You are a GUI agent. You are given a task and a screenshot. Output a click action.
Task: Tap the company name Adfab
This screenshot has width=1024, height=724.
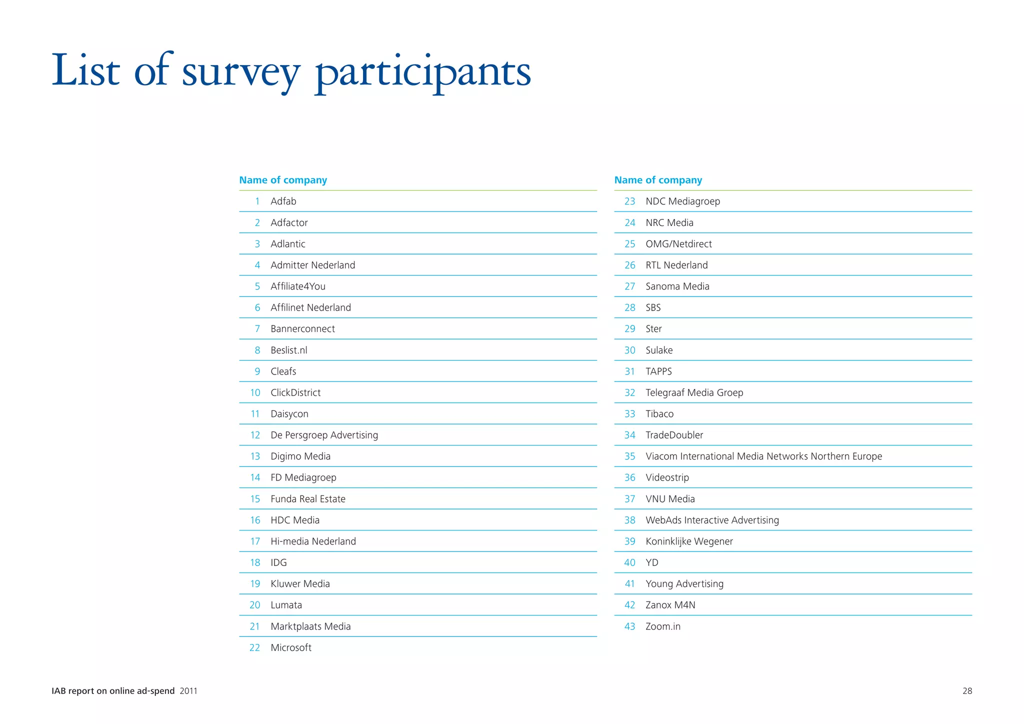coord(283,201)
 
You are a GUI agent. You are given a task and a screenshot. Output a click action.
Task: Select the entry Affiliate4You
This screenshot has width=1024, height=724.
coord(297,286)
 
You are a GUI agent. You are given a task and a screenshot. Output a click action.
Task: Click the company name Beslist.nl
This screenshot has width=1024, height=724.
coord(288,350)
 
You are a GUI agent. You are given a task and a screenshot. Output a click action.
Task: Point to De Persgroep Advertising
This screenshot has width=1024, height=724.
coord(324,435)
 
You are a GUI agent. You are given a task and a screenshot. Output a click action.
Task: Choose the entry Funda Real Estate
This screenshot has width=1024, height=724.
coord(307,499)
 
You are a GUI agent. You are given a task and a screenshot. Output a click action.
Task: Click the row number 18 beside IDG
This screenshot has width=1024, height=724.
coord(255,562)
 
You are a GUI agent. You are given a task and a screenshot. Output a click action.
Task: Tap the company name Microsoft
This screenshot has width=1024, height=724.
coord(290,647)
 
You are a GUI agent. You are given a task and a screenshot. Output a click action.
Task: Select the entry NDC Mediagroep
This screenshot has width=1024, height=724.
coord(682,201)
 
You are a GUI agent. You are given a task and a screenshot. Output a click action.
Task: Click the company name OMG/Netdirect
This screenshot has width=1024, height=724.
coord(678,244)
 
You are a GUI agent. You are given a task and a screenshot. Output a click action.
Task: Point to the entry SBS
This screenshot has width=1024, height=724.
coord(653,307)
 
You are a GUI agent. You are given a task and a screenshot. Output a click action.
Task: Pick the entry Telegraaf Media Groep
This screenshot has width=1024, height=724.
coord(694,392)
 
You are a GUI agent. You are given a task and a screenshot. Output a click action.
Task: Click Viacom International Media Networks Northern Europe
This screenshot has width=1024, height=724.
coord(763,456)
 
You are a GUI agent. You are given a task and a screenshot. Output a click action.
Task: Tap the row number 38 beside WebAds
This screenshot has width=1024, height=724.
coord(629,520)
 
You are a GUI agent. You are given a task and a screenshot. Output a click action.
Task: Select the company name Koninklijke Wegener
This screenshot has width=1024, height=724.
coord(689,541)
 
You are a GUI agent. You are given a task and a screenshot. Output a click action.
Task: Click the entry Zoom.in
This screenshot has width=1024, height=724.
coord(662,626)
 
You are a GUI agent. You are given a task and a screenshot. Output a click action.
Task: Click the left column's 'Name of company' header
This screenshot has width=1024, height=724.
coord(283,180)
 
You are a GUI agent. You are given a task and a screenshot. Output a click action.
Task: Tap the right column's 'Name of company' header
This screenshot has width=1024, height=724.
coord(658,180)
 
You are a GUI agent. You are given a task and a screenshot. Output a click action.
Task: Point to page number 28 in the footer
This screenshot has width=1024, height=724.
coord(967,691)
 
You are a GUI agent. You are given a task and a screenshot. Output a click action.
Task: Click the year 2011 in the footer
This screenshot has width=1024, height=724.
coord(188,691)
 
